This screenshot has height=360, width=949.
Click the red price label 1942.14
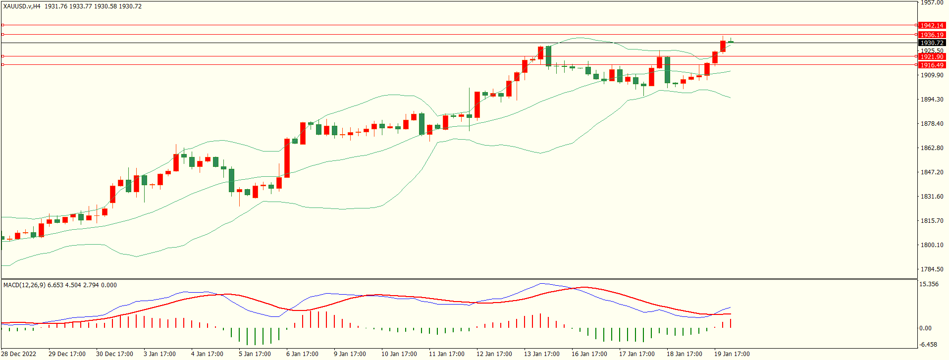tap(932, 25)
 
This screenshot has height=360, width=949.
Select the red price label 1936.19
tap(932, 35)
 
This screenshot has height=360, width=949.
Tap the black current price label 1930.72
tap(932, 43)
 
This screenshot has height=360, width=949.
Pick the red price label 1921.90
tap(932, 57)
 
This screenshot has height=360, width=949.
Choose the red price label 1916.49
tap(932, 65)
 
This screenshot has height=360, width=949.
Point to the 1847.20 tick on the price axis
tap(932, 172)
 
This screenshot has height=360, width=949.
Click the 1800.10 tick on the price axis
tap(932, 245)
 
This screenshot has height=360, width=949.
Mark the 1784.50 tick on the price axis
tap(932, 269)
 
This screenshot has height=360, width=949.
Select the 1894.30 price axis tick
tap(932, 100)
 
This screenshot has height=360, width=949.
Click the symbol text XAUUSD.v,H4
tap(22, 6)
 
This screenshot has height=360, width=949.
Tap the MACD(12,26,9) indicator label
tap(24, 285)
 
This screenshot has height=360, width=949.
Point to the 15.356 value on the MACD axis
tap(929, 284)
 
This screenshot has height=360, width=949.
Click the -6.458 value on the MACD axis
tap(928, 345)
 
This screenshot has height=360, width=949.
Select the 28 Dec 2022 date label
tap(19, 354)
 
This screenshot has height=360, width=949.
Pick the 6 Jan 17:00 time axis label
tap(302, 354)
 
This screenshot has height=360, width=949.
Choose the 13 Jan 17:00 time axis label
tap(542, 354)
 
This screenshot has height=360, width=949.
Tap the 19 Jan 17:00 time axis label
tap(732, 354)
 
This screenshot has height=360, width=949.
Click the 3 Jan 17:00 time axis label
tap(159, 354)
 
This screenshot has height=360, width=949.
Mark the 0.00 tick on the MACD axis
tap(925, 328)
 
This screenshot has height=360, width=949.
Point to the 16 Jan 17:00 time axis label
tap(589, 354)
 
